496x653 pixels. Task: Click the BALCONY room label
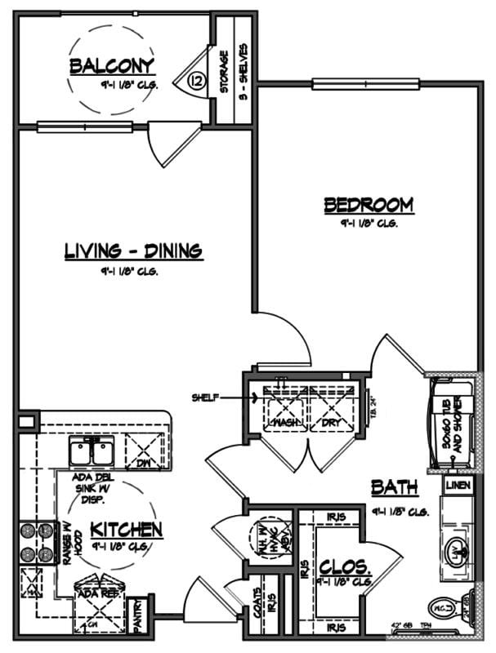[x=112, y=65]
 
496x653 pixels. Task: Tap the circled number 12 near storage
[x=196, y=81]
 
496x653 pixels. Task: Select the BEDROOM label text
[x=369, y=204]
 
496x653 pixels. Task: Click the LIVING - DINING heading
[x=133, y=251]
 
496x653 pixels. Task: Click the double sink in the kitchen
[x=92, y=451]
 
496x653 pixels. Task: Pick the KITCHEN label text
[x=126, y=529]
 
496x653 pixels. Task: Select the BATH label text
[x=395, y=487]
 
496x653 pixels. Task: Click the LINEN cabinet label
[x=457, y=485]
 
